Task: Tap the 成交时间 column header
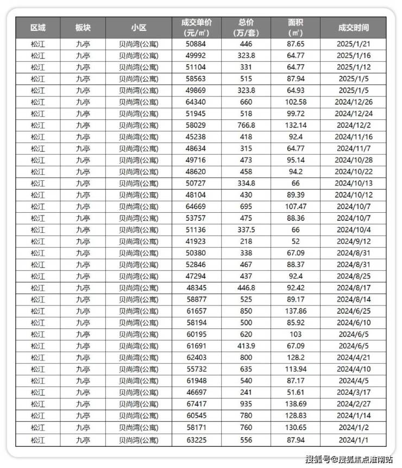[353, 27]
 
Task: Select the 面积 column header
[296, 27]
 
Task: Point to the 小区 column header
[139, 27]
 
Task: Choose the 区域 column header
[37, 27]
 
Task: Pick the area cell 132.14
[296, 125]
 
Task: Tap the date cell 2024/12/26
[353, 102]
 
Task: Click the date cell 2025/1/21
[353, 43]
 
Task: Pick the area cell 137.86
[296, 311]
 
